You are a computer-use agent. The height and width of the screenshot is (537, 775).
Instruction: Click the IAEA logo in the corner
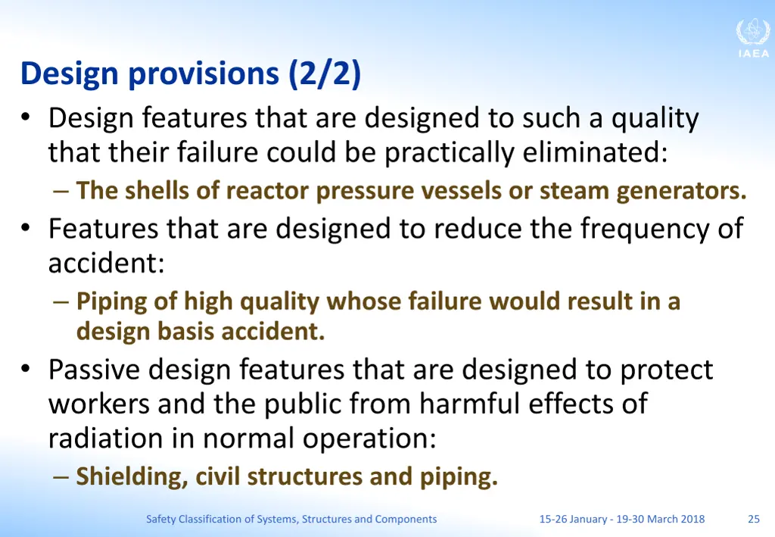tap(752, 38)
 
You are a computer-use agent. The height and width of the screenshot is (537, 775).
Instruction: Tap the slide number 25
tap(754, 520)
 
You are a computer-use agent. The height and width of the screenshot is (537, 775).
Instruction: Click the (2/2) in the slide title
tap(325, 74)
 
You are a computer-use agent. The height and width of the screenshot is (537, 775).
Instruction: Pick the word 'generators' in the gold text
tap(681, 191)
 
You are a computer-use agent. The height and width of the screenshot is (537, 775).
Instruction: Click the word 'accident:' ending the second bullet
tap(107, 264)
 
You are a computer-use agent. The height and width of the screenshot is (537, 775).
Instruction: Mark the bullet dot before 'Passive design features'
tap(26, 370)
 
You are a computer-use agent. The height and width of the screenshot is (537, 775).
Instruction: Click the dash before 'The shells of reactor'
tap(62, 192)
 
